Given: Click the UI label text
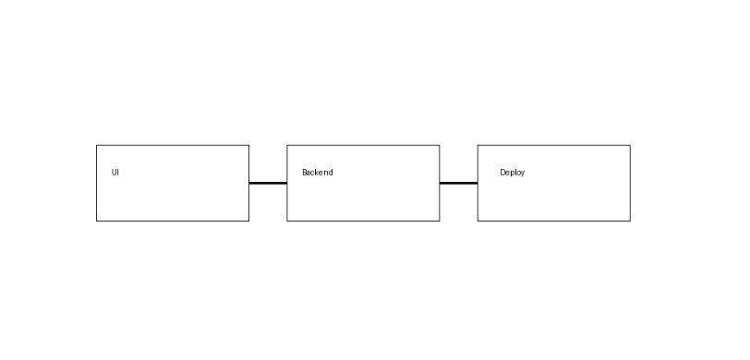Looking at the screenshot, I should click(x=115, y=173).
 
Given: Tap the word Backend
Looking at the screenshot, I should click(x=317, y=173).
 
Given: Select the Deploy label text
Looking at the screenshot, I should click(x=512, y=173).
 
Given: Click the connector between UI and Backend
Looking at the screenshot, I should click(x=268, y=183).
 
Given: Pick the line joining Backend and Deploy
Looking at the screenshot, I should click(x=458, y=183).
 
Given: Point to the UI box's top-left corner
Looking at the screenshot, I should click(x=97, y=145).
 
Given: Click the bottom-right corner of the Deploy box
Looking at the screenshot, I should click(x=630, y=221).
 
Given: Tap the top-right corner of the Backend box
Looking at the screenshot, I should click(x=439, y=145).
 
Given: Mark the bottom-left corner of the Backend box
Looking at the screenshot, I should click(x=287, y=221).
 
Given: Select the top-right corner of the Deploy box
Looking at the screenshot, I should click(x=630, y=145).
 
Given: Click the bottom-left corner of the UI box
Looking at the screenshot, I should click(x=97, y=221).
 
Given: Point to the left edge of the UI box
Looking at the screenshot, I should click(x=97, y=183).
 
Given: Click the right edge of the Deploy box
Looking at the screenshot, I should click(x=630, y=183).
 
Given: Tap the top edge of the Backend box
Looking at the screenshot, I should click(x=363, y=145).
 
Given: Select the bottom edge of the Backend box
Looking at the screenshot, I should click(x=363, y=221).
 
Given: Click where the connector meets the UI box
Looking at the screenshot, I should click(x=249, y=183).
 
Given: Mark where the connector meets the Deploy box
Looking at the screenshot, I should click(x=478, y=183).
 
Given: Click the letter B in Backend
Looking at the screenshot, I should click(x=304, y=173).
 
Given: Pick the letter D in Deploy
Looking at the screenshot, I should click(x=502, y=173).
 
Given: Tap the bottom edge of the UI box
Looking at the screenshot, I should click(x=173, y=221).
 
